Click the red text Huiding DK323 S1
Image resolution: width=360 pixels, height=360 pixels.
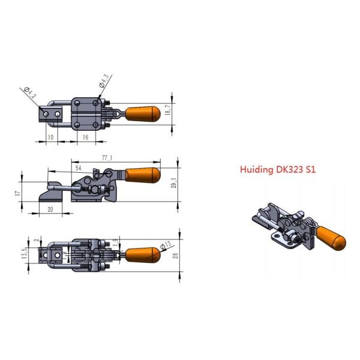[278, 170]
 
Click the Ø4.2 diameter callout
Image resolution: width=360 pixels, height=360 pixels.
[31, 92]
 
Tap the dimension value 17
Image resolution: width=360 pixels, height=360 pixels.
[19, 193]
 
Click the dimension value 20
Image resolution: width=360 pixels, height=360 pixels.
[49, 211]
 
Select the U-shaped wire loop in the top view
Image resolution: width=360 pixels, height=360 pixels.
[57, 113]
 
